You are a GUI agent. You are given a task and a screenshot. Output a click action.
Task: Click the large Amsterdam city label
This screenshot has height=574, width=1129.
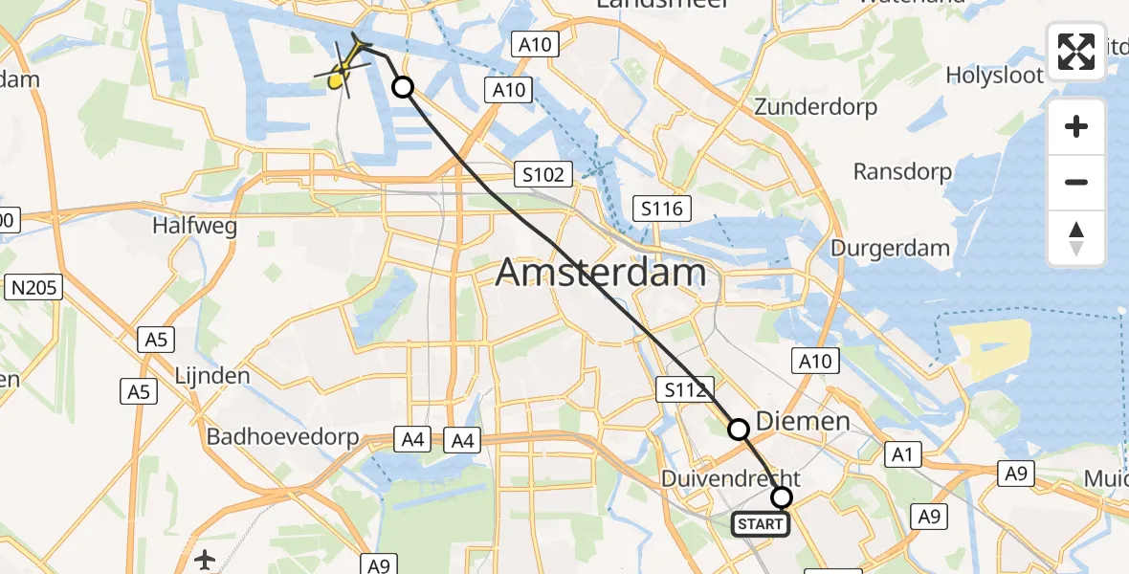[602, 274]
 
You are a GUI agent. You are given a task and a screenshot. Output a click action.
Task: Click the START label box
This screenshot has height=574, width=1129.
[762, 524]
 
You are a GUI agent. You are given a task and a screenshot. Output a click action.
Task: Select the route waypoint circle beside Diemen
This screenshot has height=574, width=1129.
[739, 430]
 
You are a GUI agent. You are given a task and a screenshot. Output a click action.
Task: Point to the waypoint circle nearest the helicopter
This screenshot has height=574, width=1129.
[404, 88]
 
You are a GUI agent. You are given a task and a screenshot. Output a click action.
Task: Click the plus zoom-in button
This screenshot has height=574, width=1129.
[1076, 127]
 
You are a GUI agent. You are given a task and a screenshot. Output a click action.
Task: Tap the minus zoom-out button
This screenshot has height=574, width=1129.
[1076, 182]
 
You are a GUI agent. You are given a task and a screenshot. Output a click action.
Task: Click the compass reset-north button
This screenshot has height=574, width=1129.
[1076, 238]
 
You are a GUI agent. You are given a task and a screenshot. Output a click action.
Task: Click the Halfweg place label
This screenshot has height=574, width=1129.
[194, 227]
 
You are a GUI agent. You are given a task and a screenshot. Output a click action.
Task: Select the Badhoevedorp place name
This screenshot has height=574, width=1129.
[283, 437]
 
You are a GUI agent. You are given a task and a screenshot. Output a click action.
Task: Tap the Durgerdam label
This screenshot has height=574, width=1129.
[890, 249]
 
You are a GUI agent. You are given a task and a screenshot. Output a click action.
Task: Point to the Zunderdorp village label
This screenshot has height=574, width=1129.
[816, 107]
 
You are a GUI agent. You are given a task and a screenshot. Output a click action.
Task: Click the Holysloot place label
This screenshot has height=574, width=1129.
[994, 76]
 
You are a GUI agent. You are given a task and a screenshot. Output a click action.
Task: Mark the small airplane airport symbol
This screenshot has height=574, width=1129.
[204, 560]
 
